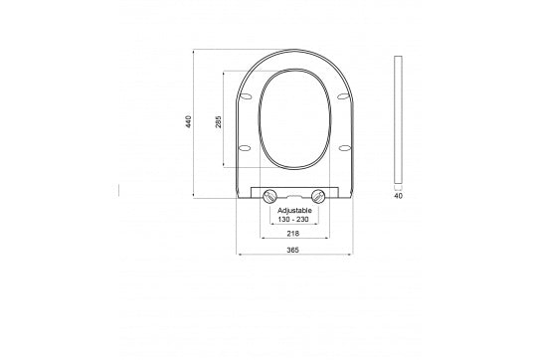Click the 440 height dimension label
point(187,122)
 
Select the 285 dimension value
point(218,122)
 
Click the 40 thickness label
point(399,197)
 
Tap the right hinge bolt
point(318,196)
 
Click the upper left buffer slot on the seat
point(245,97)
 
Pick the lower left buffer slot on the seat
point(245,148)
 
